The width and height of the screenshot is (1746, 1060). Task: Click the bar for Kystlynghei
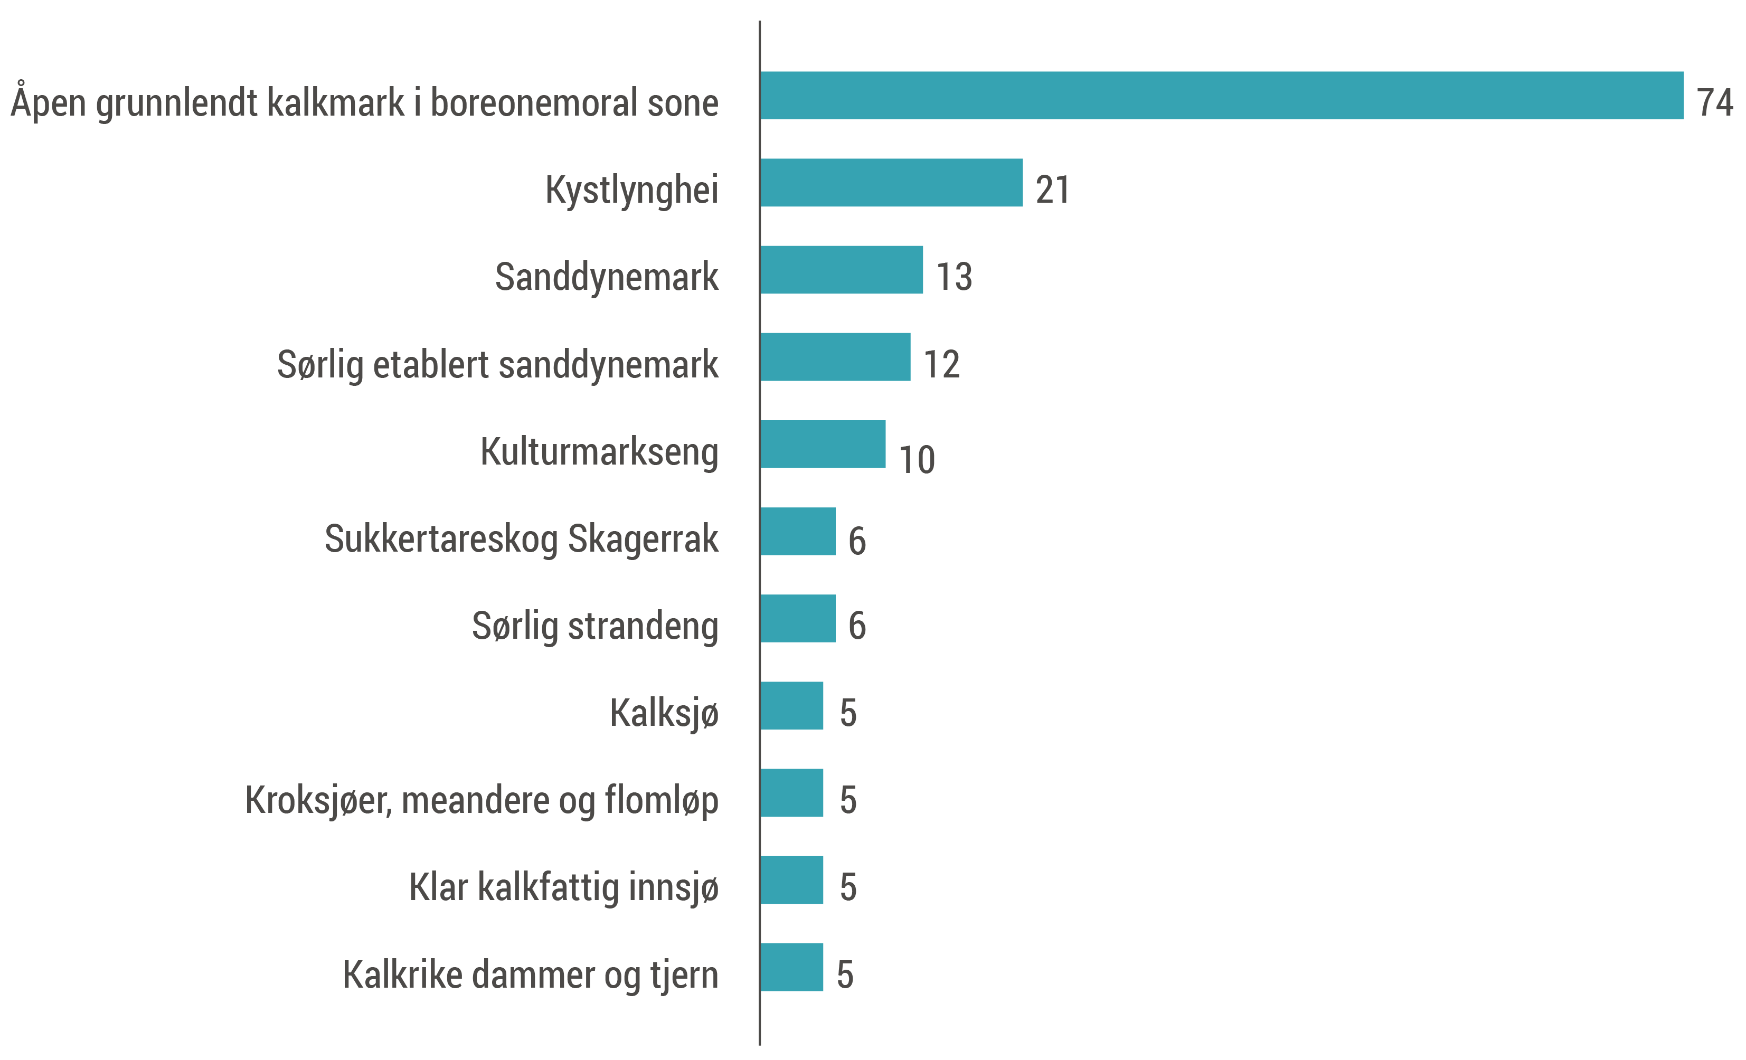click(891, 183)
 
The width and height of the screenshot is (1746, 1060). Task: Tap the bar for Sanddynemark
click(842, 270)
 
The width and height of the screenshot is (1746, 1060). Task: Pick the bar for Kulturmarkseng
click(823, 444)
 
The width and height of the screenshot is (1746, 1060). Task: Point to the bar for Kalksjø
click(791, 706)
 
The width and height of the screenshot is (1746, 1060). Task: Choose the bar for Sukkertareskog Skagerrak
click(798, 532)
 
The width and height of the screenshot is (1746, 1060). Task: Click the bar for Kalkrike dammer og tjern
click(791, 967)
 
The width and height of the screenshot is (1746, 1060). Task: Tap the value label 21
click(1052, 190)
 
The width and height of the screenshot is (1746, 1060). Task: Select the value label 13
click(954, 277)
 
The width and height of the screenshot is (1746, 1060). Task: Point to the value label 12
click(941, 364)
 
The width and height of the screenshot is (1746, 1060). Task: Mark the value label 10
click(916, 460)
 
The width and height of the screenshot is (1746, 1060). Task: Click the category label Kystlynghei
click(631, 190)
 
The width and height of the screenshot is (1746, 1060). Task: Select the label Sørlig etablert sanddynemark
click(497, 364)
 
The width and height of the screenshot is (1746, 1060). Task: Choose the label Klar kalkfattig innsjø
click(563, 887)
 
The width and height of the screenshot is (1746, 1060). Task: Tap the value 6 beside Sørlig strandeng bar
click(857, 626)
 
